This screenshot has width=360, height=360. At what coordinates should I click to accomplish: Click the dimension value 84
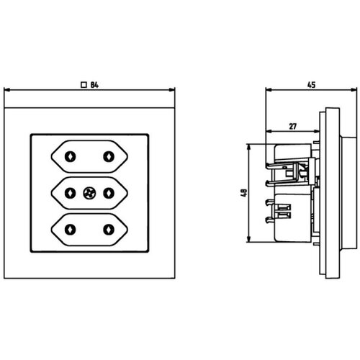[94, 85]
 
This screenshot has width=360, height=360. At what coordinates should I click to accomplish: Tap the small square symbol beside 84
[84, 85]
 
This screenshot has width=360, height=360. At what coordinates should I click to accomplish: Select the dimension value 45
[311, 85]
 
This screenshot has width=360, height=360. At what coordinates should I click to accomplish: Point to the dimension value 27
[293, 126]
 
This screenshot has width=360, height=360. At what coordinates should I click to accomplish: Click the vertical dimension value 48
[243, 193]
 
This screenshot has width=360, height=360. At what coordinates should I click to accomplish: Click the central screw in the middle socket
[89, 193]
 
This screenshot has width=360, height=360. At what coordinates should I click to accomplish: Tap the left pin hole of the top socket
[70, 157]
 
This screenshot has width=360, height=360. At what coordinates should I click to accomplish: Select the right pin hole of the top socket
[109, 157]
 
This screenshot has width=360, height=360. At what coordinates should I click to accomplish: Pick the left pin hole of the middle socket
[70, 193]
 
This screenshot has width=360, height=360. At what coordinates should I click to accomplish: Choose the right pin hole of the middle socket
[109, 193]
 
